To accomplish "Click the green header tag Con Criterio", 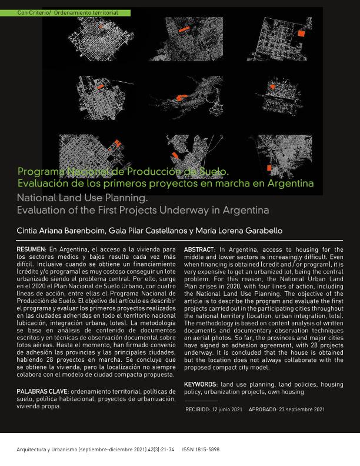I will tap(33, 12).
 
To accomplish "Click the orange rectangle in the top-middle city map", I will tap(184, 28).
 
